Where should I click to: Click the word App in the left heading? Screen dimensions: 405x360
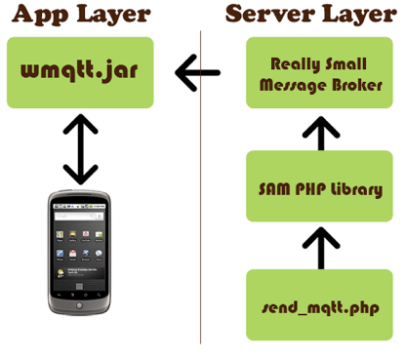(40, 15)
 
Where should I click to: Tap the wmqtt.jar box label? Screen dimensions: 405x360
(79, 70)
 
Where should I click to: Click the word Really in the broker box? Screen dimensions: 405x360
(294, 64)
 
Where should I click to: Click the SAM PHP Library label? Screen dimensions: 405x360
(320, 189)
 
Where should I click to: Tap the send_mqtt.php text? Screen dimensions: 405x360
(320, 307)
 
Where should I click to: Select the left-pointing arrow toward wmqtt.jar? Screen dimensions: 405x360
(197, 73)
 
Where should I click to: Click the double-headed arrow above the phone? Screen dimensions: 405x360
(80, 149)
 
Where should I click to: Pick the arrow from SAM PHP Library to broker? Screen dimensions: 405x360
(321, 134)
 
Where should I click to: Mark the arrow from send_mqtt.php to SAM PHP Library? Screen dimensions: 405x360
(321, 248)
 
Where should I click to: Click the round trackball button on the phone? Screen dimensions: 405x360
(79, 305)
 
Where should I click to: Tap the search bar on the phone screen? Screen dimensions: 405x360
(79, 216)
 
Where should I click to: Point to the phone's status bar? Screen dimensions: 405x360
(79, 207)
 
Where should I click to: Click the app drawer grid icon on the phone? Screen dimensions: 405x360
(79, 287)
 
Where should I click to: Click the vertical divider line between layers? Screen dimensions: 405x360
(200, 187)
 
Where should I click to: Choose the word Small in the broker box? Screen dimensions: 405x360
(345, 63)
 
